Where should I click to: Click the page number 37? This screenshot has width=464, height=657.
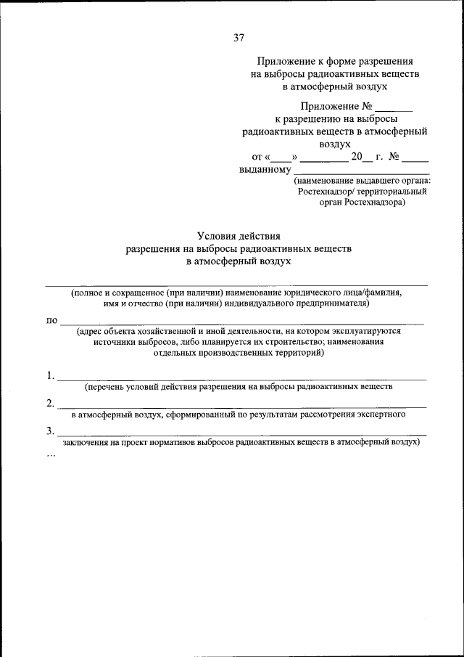pos(239,38)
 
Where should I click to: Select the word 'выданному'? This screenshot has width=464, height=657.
pos(265,169)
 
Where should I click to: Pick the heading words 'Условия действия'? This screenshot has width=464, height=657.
pos(239,235)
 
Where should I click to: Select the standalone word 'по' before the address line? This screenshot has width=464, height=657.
pos(51,320)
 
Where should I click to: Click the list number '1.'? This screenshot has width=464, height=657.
pos(50,376)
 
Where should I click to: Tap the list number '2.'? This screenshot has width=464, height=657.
pos(50,404)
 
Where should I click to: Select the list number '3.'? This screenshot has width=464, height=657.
pos(50,431)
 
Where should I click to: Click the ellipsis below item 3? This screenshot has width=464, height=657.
pos(51,454)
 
